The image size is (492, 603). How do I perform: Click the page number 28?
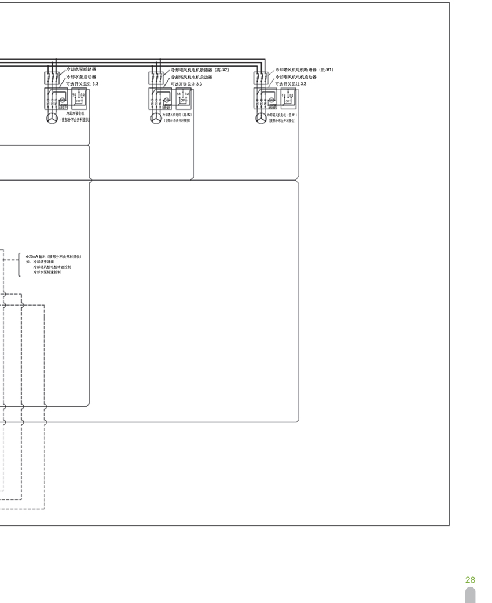[470, 580]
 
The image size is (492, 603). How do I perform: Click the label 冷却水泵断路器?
[81, 69]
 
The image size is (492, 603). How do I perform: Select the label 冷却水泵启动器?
[81, 76]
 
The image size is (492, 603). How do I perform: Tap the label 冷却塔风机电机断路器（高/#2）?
[200, 70]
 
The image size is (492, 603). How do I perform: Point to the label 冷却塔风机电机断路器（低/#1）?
[304, 70]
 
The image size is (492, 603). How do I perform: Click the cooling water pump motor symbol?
[52, 118]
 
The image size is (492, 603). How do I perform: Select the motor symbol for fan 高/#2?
[156, 118]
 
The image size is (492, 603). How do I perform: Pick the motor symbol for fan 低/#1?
[261, 118]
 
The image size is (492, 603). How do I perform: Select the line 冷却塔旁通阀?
[43, 262]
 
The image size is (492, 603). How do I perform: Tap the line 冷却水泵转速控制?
[47, 271]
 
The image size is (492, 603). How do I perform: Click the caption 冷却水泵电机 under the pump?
[75, 114]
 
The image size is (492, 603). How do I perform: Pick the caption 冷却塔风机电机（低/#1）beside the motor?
[282, 115]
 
